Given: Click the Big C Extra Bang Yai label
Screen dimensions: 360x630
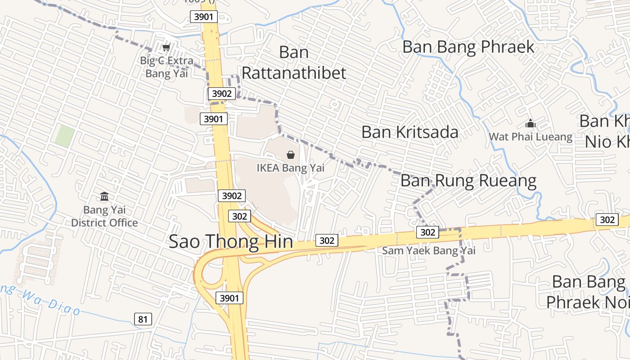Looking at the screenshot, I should [166, 67].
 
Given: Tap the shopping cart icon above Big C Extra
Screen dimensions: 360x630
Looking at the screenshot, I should [166, 47].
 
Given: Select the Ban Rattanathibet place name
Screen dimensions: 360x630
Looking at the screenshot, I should [294, 63].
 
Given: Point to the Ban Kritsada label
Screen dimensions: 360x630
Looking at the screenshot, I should [410, 132].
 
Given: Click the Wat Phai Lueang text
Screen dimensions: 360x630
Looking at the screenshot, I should [531, 136].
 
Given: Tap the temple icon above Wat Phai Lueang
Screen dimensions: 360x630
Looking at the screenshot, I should [531, 123].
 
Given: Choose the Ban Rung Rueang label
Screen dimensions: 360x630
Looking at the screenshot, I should [468, 180].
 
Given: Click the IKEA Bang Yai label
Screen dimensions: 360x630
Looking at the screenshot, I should [290, 168].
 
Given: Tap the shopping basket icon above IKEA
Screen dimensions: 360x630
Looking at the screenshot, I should [291, 155].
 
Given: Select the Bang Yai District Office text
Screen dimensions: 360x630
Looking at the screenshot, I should [104, 216].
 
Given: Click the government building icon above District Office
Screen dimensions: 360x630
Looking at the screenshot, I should [104, 196].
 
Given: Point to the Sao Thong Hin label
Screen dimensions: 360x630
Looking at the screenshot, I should [231, 242].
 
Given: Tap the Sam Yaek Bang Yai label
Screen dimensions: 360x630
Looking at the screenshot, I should [428, 250].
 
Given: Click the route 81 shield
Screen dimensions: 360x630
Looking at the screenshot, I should [143, 319].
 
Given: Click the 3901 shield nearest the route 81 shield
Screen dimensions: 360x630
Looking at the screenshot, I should [229, 297].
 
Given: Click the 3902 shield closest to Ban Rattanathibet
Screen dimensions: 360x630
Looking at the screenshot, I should [222, 93].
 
